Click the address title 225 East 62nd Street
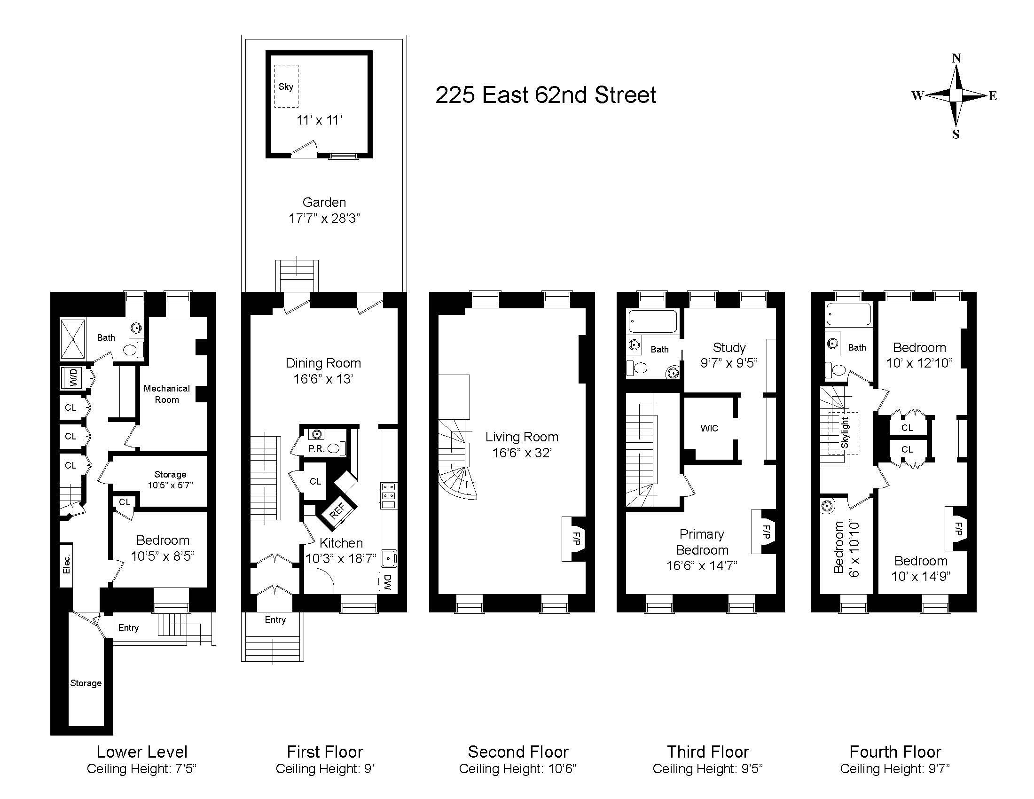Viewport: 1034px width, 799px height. point(545,95)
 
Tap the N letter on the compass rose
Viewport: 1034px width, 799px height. point(956,58)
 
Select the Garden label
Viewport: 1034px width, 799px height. point(324,203)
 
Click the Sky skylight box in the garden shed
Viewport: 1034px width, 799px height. point(286,86)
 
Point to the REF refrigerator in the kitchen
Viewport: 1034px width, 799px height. point(337,511)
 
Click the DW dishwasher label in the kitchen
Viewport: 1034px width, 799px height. point(388,582)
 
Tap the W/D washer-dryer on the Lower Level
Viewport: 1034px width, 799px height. point(73,378)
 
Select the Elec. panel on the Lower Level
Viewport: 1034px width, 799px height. point(66,564)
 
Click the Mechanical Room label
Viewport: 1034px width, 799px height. point(167,394)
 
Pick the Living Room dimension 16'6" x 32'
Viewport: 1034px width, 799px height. point(521,453)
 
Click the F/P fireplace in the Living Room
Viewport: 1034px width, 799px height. point(576,539)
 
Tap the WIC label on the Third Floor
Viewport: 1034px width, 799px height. point(709,428)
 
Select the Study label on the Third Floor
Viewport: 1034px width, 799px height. point(729,348)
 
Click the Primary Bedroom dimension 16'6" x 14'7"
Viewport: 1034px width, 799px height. point(702,565)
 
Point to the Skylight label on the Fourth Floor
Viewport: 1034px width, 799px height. point(845,432)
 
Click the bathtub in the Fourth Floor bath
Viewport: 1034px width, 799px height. point(848,314)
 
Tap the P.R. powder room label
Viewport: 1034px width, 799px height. point(316,448)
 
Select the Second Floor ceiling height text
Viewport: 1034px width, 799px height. point(517,769)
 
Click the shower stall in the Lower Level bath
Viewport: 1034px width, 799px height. point(72,339)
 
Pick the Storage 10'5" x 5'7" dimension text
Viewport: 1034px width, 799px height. point(170,485)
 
